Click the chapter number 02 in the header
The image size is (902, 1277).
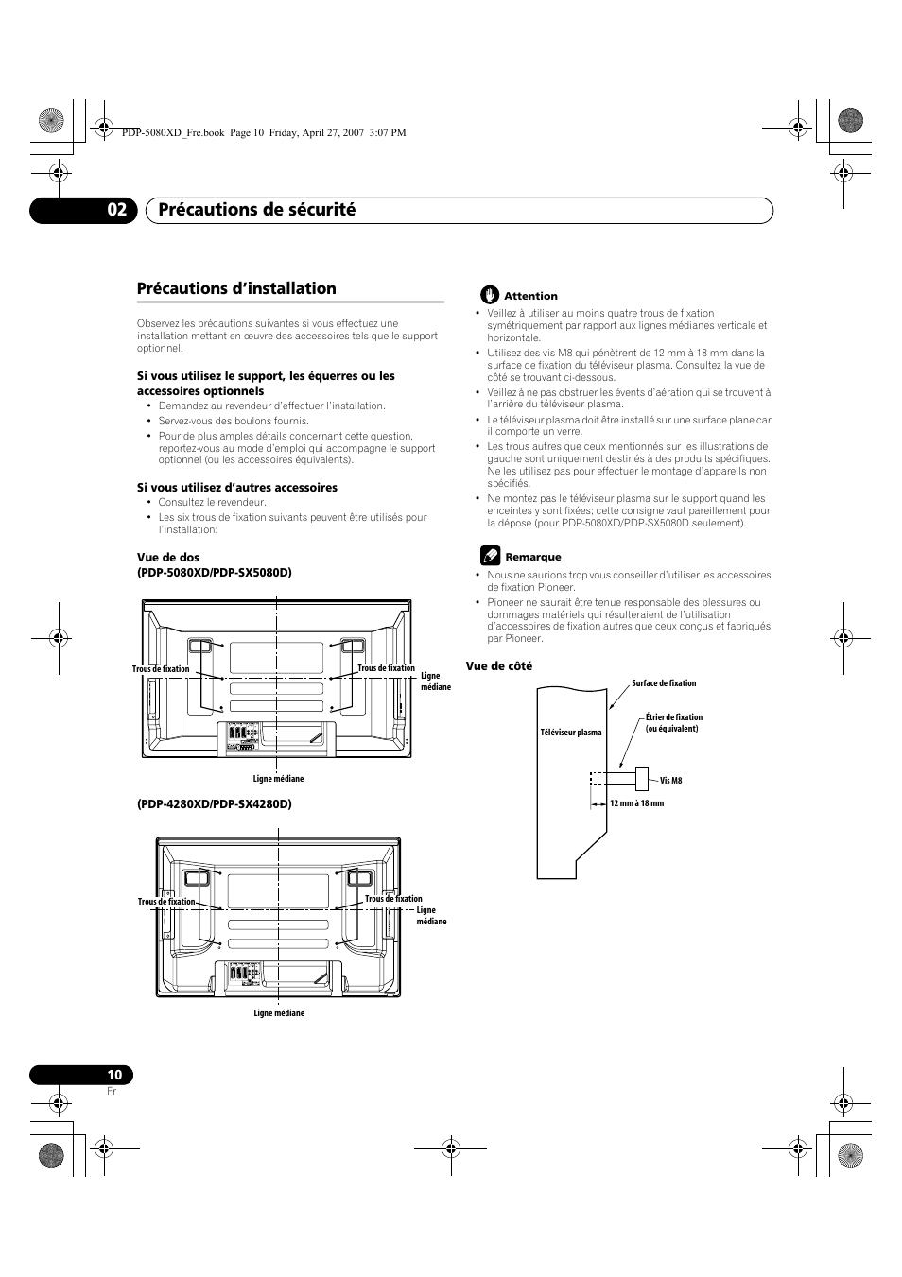114,210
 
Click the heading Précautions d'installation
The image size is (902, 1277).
236,288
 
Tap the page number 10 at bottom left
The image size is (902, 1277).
114,1075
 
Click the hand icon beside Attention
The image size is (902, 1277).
489,295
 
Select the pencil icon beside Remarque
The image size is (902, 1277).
489,555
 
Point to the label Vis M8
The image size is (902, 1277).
670,781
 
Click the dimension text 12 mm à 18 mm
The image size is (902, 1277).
636,803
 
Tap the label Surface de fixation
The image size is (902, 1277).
664,683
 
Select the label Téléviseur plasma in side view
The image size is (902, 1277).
571,733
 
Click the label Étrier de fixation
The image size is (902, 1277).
674,717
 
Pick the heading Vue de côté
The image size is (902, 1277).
498,666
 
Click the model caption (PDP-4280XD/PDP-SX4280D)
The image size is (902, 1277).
215,803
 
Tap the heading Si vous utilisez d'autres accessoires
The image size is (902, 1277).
237,488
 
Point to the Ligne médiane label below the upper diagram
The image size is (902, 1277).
278,779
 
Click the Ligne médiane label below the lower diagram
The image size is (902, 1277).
279,1013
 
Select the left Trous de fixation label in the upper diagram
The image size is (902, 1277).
161,669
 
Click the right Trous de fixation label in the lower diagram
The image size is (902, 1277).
393,899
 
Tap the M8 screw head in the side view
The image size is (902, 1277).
642,778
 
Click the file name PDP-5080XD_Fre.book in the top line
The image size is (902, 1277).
173,133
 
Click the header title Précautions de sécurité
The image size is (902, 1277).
257,210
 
